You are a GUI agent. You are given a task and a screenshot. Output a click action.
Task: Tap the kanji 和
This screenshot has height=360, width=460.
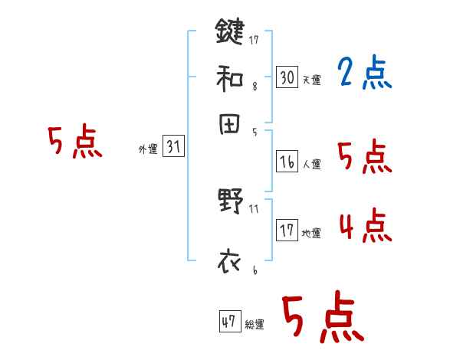(x=229, y=77)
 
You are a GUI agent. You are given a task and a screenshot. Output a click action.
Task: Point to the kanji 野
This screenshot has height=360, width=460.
(x=229, y=202)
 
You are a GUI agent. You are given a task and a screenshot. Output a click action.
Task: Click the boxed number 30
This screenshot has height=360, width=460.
(x=287, y=77)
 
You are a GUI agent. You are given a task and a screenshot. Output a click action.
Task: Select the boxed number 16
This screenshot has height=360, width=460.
(x=287, y=161)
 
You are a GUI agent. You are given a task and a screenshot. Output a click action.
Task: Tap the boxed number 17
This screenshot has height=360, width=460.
(x=287, y=230)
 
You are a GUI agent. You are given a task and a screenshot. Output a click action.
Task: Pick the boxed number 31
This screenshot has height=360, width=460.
(x=173, y=147)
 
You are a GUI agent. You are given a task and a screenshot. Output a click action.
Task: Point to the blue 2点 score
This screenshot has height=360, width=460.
(x=364, y=74)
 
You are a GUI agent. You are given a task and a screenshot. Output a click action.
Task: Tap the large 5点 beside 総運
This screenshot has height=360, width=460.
(x=323, y=319)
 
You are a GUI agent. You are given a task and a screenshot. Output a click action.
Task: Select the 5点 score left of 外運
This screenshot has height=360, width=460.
(x=75, y=143)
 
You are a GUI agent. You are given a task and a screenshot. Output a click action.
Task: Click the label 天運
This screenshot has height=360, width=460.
(x=311, y=80)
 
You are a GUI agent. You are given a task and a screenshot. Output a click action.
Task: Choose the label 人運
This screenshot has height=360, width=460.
(x=311, y=164)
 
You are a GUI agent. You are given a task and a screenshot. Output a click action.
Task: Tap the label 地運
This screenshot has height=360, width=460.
(x=311, y=233)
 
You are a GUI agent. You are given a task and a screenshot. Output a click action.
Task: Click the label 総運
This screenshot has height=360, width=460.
(x=255, y=325)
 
